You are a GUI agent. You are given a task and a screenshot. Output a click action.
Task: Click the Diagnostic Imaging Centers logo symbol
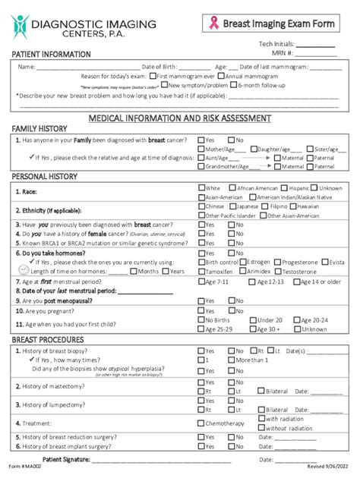pyautogui.click(x=19, y=28)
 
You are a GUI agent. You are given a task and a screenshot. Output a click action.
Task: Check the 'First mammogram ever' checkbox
pyautogui.click(x=153, y=76)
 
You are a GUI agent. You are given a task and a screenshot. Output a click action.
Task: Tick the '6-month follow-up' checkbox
pyautogui.click(x=232, y=86)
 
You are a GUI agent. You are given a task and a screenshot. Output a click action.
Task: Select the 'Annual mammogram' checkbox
pyautogui.click(x=221, y=76)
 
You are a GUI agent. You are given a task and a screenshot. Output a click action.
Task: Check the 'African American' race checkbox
pyautogui.click(x=232, y=187)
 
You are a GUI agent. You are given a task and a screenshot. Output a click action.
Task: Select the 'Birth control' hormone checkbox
pyautogui.click(x=201, y=262)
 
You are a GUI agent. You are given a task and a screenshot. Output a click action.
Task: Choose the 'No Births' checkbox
pyautogui.click(x=201, y=320)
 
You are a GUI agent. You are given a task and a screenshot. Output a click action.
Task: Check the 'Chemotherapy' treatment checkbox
pyautogui.click(x=201, y=423)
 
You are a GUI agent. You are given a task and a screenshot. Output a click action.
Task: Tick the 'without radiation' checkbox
pyautogui.click(x=262, y=428)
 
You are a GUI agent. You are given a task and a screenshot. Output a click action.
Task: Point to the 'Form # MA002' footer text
pyautogui.click(x=22, y=467)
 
